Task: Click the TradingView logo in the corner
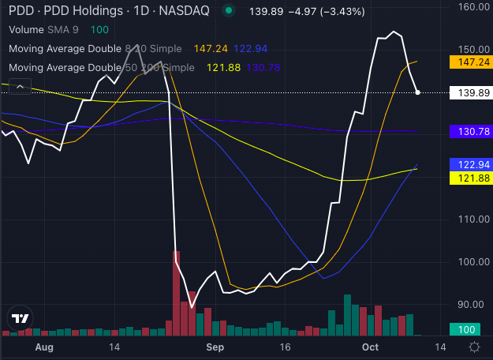pyautogui.click(x=19, y=319)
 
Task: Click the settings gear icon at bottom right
pyautogui.click(x=474, y=347)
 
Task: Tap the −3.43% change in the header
pyautogui.click(x=319, y=10)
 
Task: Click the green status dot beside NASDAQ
pyautogui.click(x=229, y=10)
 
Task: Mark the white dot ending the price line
pyautogui.click(x=418, y=92)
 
